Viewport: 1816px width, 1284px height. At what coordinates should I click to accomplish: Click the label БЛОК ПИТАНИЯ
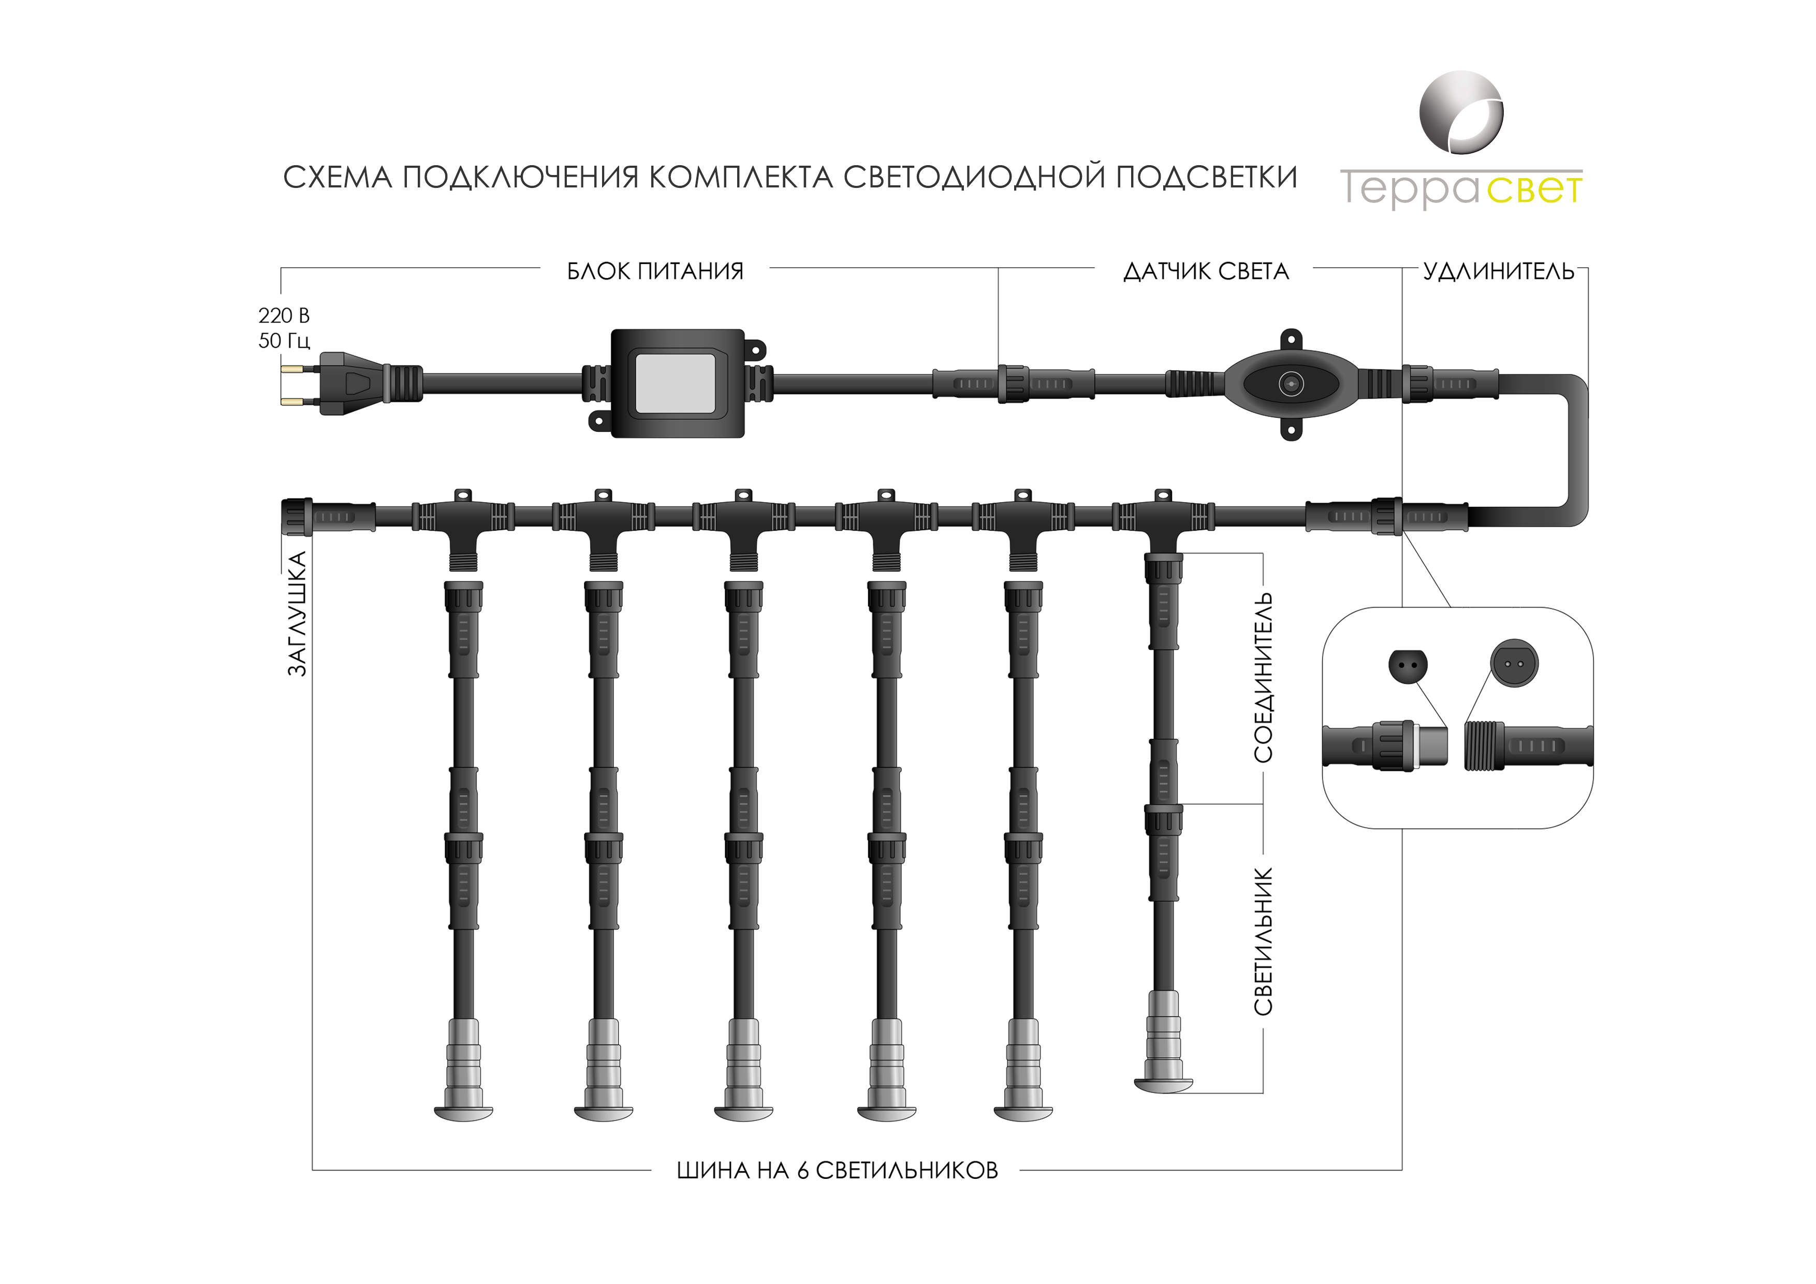(655, 271)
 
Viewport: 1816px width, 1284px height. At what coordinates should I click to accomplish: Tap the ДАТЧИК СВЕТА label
(1205, 271)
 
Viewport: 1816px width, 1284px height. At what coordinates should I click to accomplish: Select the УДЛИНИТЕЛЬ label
(1498, 271)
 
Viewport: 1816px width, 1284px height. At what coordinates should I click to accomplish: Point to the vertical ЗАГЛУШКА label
(297, 614)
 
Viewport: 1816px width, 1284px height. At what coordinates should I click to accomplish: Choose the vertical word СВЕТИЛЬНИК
(1263, 941)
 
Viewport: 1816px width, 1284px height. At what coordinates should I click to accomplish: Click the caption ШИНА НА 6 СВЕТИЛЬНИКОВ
(837, 1171)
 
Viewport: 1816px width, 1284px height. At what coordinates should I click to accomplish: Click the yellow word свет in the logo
(1534, 190)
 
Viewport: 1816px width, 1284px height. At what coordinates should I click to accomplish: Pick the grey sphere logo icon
(1461, 113)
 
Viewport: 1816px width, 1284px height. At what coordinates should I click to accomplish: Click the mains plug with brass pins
(348, 384)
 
